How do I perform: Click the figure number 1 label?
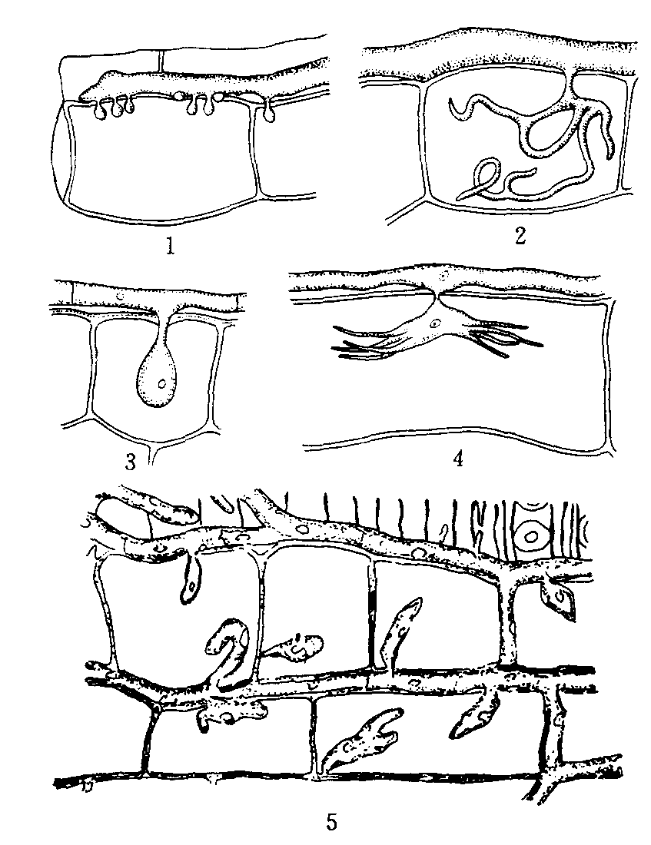[171, 246]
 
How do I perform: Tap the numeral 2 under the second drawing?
[520, 236]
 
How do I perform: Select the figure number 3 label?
[131, 462]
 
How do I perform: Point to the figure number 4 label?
[458, 459]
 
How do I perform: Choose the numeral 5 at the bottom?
[332, 822]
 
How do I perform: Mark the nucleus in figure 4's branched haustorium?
[435, 325]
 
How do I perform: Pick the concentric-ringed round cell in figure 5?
[532, 536]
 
